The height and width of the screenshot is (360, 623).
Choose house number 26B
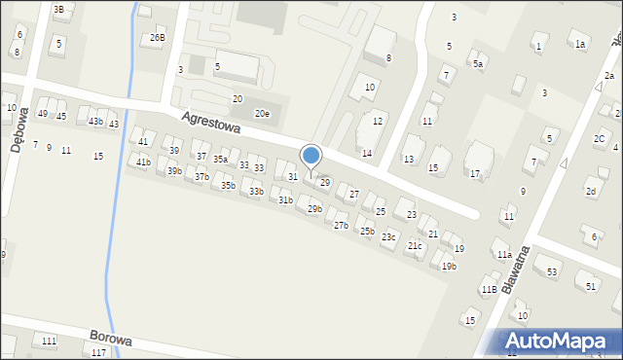coord(157,38)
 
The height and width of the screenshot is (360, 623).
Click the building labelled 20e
coord(262,114)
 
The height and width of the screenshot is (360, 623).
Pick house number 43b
coord(95,122)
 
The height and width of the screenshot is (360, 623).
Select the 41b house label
coord(143,162)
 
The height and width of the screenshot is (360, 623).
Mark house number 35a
coord(221,160)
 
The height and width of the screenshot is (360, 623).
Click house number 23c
coord(388,236)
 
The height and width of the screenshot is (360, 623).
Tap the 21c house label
coord(415,245)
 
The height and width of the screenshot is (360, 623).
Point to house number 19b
coord(449,266)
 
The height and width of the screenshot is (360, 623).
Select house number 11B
coord(489,289)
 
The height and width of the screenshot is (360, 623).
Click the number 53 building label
coord(552,271)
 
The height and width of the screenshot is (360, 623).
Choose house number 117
coord(98,352)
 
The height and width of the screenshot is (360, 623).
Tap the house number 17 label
coord(475,173)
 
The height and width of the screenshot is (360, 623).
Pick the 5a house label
coord(478,63)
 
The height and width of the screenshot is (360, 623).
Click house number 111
coord(49,340)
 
